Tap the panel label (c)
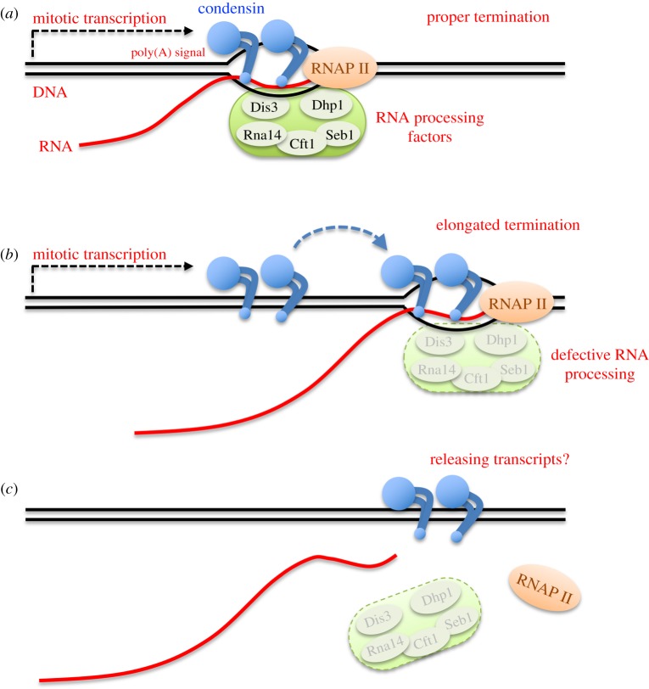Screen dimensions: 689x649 point(12,490)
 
